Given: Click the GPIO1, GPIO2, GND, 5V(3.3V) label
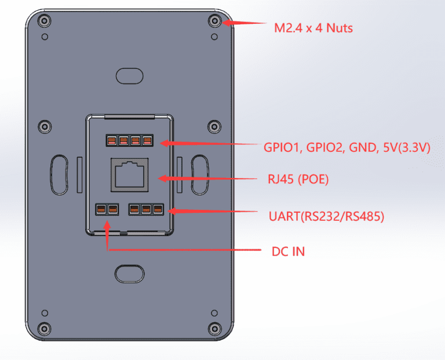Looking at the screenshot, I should [346, 148].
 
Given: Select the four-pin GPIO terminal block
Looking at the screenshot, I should [129, 140].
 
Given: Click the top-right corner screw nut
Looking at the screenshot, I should [214, 21].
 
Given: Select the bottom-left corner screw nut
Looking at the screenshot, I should [44, 327].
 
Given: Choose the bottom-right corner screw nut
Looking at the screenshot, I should [214, 327].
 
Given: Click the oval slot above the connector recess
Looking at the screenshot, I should [129, 75].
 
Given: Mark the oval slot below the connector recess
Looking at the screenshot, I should [129, 272].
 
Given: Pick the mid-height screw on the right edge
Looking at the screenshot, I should [214, 126].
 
